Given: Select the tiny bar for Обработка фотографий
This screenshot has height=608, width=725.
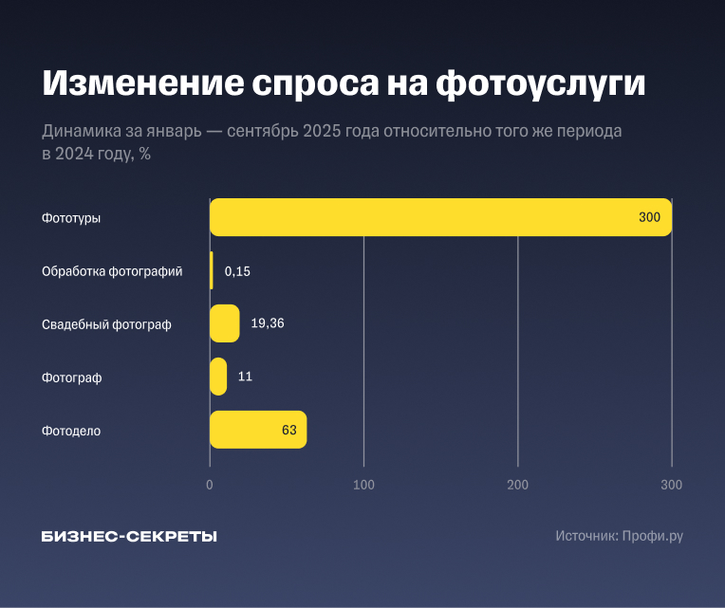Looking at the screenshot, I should tap(212, 270).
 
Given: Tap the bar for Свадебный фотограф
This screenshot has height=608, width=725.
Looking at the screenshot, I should tap(224, 323).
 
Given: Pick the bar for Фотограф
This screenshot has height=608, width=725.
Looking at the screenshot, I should tap(218, 377).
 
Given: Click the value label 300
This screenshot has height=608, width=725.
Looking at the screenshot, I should tap(649, 217).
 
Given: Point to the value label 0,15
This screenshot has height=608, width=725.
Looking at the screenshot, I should tap(237, 271).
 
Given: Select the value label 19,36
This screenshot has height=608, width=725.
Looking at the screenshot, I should tap(268, 323).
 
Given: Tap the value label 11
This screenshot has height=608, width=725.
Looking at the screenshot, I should tap(245, 377).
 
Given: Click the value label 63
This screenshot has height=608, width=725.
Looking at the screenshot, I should tap(289, 430).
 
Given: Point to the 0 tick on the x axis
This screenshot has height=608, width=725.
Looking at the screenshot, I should tap(210, 485).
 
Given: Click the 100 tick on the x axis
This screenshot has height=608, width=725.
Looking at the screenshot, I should tap(363, 485).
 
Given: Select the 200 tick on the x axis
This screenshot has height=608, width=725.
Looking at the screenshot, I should tap(517, 485).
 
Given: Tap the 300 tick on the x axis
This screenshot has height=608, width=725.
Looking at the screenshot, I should tap(671, 485).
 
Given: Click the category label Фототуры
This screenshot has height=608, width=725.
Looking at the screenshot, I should tap(71, 218).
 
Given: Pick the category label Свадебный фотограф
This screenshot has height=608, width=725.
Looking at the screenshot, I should tap(106, 324).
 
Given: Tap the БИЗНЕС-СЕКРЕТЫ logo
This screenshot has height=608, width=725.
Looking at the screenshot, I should tap(129, 536).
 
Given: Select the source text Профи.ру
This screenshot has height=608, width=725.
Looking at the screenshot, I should tap(652, 536).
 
